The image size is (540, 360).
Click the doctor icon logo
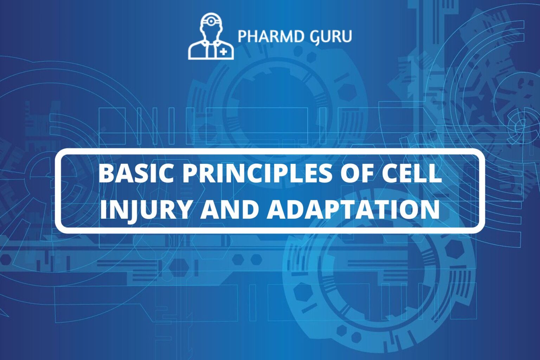click(x=211, y=36)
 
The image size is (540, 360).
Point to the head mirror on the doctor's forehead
click(x=211, y=21)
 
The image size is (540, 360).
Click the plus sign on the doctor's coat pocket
click(x=224, y=52)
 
